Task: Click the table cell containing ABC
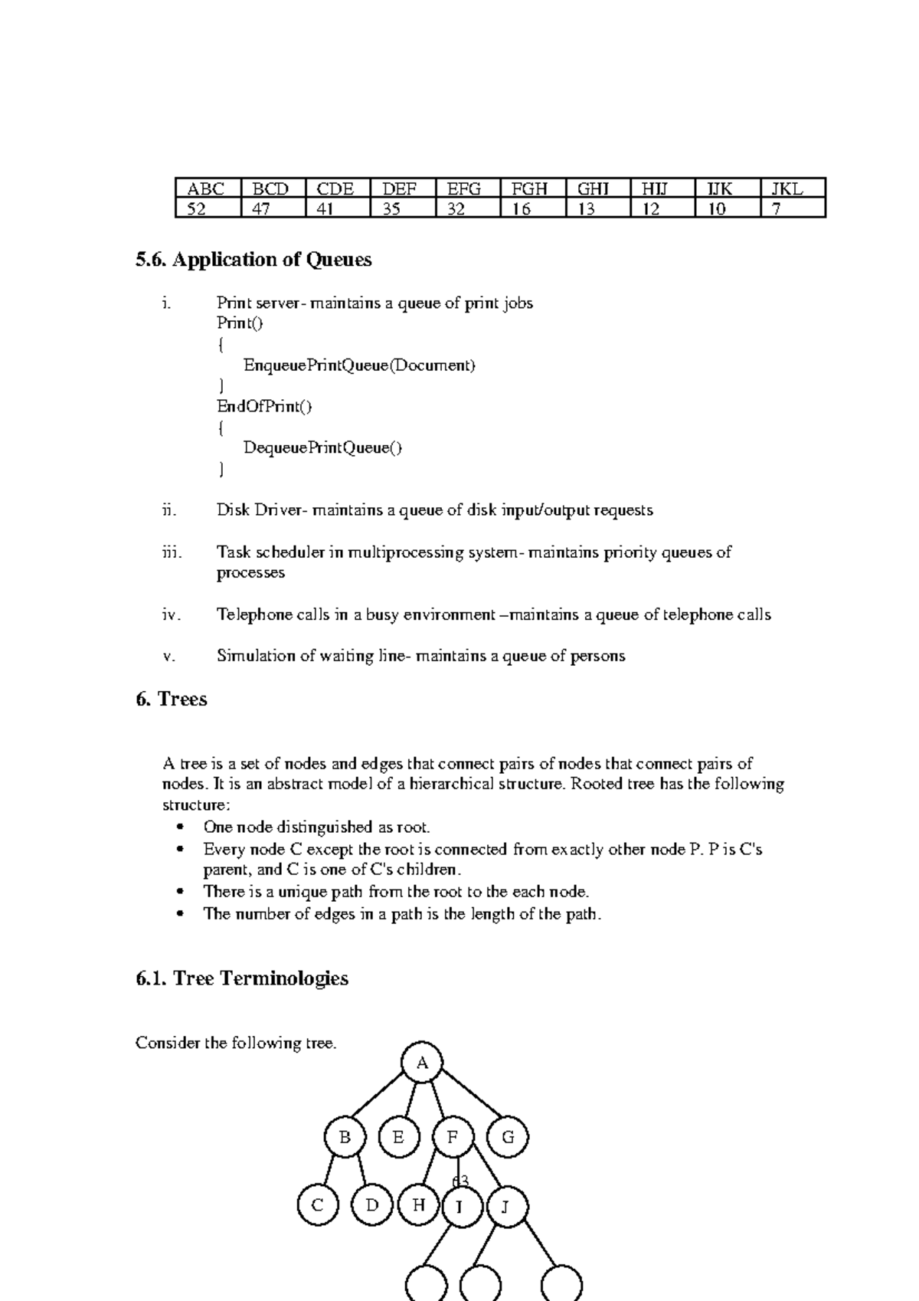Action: (x=207, y=188)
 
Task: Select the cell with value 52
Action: (x=207, y=208)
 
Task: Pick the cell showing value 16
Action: (x=531, y=208)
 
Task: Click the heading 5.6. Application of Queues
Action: (x=253, y=260)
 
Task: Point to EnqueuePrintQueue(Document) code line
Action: (x=359, y=365)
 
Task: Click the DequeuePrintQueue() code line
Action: (x=322, y=448)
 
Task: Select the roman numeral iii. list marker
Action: (x=172, y=552)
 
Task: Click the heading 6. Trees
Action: (x=172, y=699)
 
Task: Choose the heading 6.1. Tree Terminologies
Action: (x=242, y=978)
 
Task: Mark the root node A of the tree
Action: (x=422, y=1063)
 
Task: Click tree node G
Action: (x=508, y=1137)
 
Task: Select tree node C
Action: (x=317, y=1205)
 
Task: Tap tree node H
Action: (x=418, y=1204)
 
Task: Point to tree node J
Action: (x=505, y=1208)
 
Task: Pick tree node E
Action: (x=398, y=1137)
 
